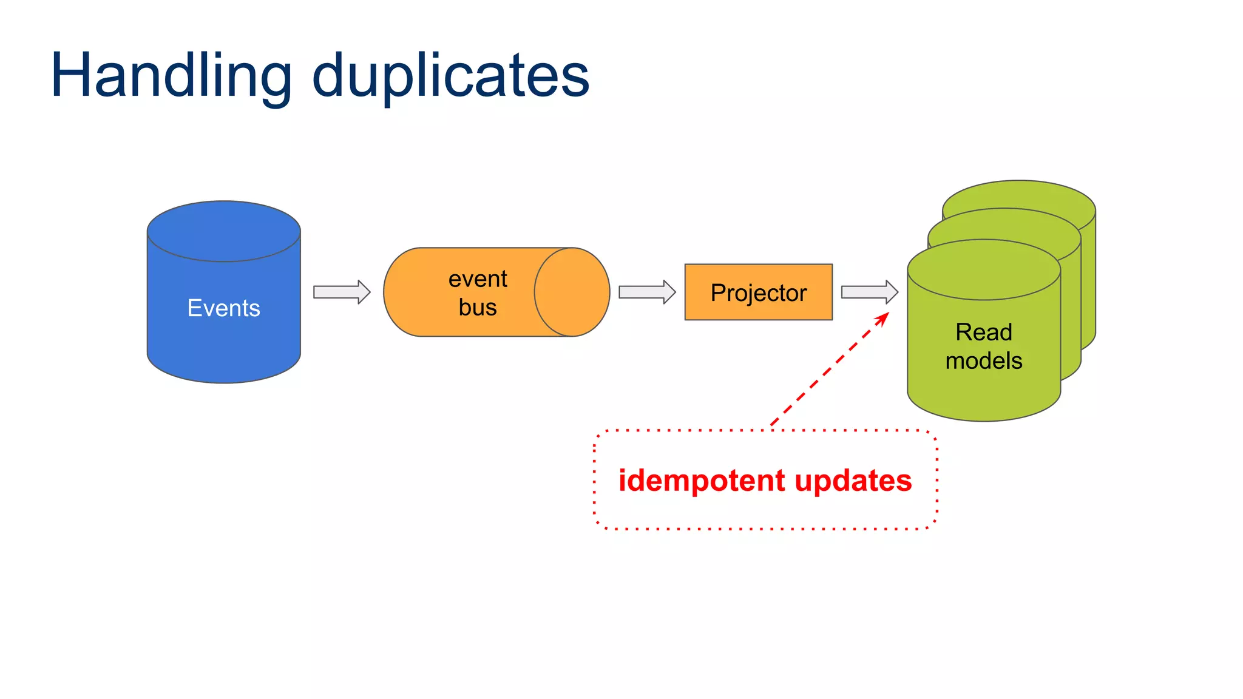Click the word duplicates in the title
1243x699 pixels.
coord(450,76)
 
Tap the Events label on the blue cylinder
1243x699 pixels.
coord(223,308)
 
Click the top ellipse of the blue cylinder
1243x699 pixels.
coord(223,231)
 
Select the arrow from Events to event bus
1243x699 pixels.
coord(342,292)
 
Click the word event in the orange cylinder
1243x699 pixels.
coord(478,279)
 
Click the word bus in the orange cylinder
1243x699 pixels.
coord(478,307)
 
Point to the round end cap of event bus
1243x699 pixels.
coord(572,292)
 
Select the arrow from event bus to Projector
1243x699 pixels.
coord(647,292)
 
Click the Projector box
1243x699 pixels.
coord(758,292)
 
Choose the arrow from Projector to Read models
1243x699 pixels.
coord(869,292)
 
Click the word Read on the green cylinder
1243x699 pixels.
coord(983,333)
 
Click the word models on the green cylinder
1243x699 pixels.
coord(983,361)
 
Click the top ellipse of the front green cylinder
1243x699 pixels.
coord(983,269)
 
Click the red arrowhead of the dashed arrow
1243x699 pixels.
coord(883,318)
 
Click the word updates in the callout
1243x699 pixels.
coord(853,481)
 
